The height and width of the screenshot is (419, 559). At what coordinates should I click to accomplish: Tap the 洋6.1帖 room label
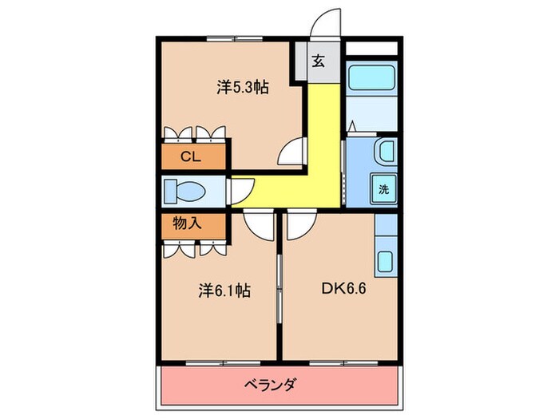click(x=224, y=291)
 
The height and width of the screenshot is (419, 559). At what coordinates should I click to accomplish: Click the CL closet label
click(x=189, y=156)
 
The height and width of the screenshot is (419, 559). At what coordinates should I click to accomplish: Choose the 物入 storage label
click(x=188, y=223)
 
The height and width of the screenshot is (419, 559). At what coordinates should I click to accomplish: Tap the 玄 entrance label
click(x=318, y=62)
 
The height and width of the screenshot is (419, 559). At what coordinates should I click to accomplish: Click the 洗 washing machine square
click(x=383, y=190)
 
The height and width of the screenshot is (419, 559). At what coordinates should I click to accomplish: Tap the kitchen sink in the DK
click(x=385, y=262)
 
